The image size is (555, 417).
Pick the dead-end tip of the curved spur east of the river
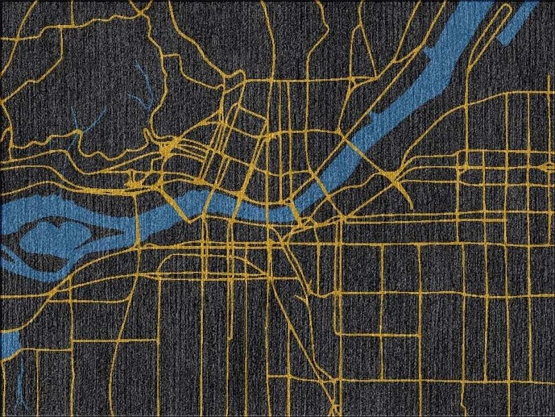[411, 205]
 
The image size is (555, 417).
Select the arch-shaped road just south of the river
[246, 263]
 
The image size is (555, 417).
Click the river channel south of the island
[77, 263]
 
